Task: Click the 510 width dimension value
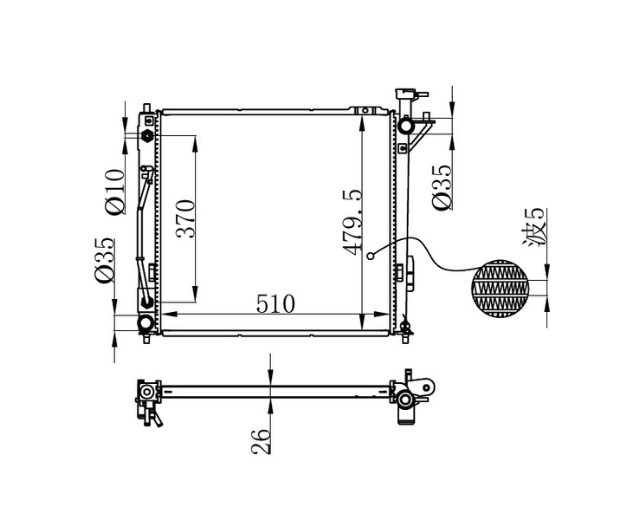pos(275,304)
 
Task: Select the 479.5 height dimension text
pos(352,222)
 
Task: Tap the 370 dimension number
pos(185,218)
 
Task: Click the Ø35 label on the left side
pos(105,261)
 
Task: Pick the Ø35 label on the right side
pos(443,186)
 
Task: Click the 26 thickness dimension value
pos(261,441)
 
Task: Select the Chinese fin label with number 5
pos(533,227)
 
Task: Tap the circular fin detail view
pos(501,289)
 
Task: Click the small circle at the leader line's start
pos(371,256)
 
